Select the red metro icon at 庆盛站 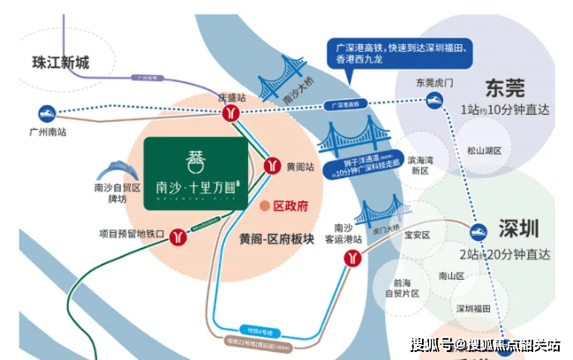point(231,114)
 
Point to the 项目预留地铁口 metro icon point(180,236)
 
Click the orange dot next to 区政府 point(264,206)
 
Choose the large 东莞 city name point(504,88)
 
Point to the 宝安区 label point(416,236)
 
